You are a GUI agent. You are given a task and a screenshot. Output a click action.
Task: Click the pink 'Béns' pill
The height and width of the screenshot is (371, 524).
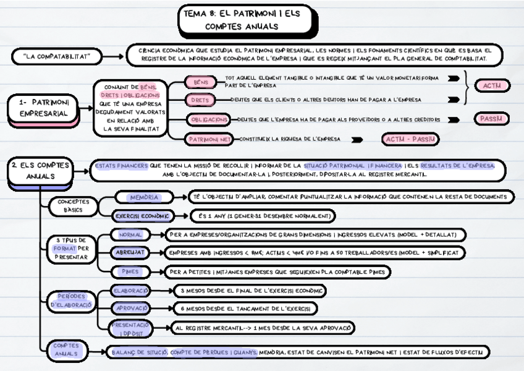(201, 82)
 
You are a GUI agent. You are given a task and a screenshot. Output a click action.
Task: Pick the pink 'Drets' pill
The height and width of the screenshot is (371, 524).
(201, 100)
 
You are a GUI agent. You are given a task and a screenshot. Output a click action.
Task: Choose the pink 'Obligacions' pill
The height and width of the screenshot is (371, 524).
(208, 119)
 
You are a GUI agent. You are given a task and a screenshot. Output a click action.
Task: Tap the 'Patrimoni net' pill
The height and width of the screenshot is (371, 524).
(208, 140)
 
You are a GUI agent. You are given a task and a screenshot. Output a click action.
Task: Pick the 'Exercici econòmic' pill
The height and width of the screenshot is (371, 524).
(143, 216)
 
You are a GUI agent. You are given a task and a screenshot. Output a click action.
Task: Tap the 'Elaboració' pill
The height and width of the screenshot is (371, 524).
(130, 290)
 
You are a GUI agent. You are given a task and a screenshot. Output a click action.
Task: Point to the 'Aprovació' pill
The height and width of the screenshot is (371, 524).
(130, 307)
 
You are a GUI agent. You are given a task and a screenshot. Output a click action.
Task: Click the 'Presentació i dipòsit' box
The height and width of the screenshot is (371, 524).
(130, 328)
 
